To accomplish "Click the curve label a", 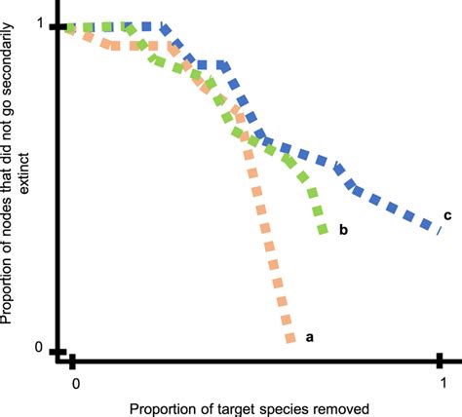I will tap(310, 337).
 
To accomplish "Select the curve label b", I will tap(343, 231).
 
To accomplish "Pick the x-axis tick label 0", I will tap(74, 381).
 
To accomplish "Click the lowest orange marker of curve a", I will tap(289, 338).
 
